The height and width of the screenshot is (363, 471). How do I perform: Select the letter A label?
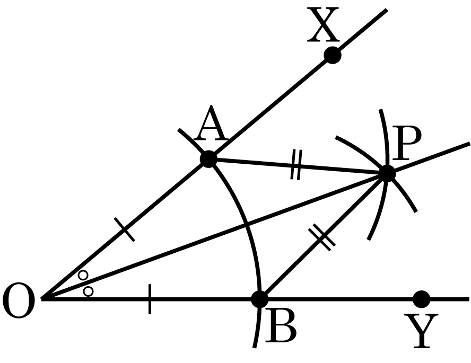(211, 123)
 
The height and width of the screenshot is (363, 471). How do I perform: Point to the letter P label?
(407, 143)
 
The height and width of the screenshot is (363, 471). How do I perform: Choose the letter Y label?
(421, 331)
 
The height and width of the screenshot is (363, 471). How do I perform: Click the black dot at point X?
(333, 55)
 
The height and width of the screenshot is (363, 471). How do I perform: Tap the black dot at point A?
(208, 159)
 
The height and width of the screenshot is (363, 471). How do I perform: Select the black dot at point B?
(259, 299)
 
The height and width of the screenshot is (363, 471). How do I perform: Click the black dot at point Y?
(422, 299)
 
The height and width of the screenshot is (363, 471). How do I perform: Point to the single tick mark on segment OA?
(125, 229)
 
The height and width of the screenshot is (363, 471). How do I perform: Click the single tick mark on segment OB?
(150, 299)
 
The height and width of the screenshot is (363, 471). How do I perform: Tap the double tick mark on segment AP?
(296, 165)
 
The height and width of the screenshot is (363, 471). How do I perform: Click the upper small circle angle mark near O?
(83, 275)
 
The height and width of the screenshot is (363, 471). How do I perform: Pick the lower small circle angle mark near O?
(88, 291)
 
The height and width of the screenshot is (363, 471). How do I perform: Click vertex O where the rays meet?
(42, 299)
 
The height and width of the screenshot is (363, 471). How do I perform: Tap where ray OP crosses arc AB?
(247, 224)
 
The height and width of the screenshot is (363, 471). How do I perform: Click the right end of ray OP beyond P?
(469, 144)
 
